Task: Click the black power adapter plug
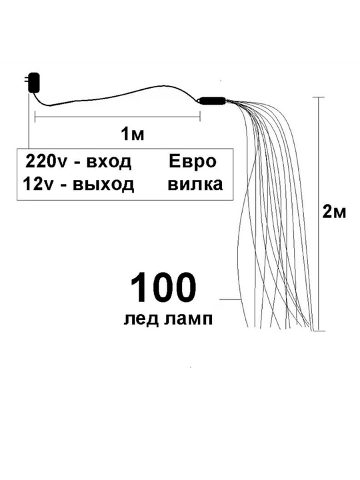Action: point(33,83)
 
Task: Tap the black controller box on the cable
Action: point(213,101)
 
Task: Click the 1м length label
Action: point(132,134)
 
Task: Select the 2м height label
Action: point(334,212)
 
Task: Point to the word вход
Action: point(109,162)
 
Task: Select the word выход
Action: point(103,185)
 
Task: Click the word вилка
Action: point(195,185)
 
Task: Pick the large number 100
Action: point(163,288)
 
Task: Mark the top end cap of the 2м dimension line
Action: point(319,97)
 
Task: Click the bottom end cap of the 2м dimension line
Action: point(319,331)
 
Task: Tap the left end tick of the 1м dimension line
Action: point(35,117)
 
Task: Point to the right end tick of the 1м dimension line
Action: point(200,117)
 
